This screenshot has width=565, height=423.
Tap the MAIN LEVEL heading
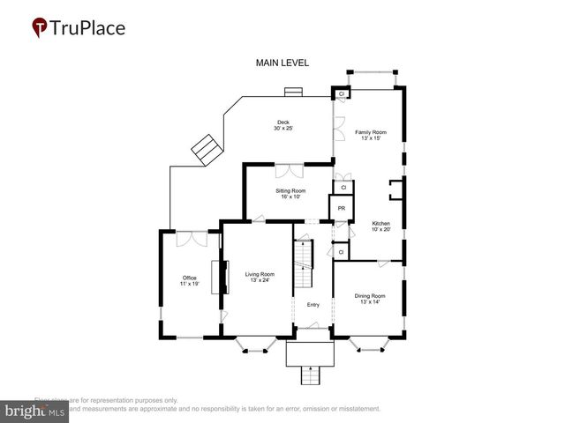tap(281, 63)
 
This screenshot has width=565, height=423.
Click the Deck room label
tap(282, 125)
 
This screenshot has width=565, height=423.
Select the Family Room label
tap(371, 135)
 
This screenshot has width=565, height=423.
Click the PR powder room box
tap(341, 209)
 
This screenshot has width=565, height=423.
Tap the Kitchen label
tap(380, 226)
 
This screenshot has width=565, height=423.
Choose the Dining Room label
tap(370, 299)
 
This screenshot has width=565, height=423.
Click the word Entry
tap(313, 305)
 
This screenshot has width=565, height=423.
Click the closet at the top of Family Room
tap(342, 94)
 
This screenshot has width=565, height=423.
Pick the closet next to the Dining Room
tap(341, 252)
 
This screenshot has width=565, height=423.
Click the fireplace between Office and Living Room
tap(214, 281)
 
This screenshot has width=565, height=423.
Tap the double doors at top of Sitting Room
tap(288, 171)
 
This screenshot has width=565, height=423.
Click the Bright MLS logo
tap(35, 411)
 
